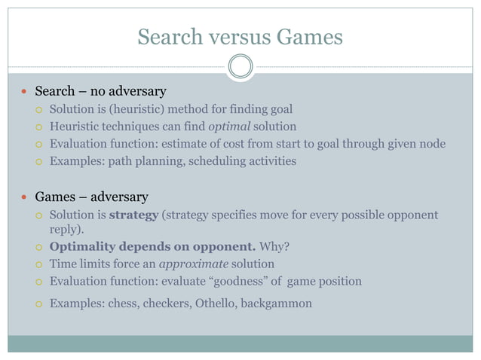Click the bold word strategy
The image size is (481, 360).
(x=133, y=216)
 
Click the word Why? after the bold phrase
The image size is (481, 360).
(x=277, y=247)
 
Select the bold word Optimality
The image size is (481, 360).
(x=80, y=247)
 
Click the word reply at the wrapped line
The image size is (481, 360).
(x=64, y=230)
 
